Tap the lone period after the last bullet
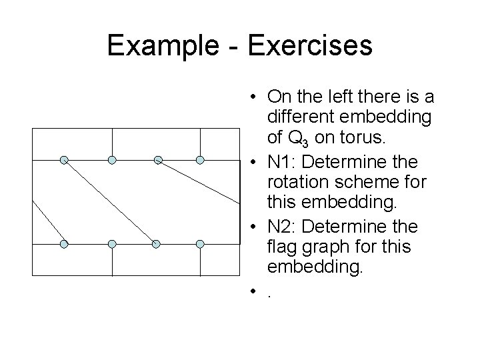click(269, 291)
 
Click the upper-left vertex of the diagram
click(64, 160)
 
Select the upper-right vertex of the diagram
click(201, 160)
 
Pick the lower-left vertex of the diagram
click(64, 244)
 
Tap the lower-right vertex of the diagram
click(201, 244)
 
